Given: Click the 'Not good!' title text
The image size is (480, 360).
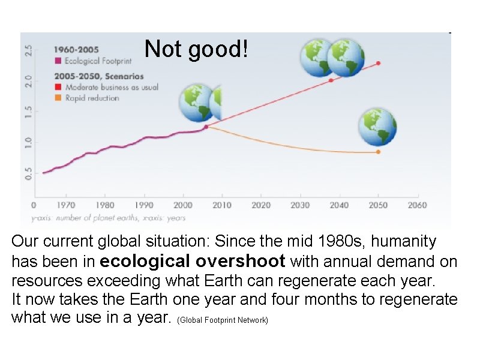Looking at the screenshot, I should tap(196, 49).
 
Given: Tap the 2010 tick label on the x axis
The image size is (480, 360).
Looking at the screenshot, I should tap(221, 205).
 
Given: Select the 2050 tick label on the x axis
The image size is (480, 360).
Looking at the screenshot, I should tap(378, 205).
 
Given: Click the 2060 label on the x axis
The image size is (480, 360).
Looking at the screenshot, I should tap(417, 205).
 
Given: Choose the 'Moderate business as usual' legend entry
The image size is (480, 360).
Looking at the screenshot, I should tap(107, 87).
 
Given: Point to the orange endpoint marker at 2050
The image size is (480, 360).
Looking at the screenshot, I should tap(378, 152).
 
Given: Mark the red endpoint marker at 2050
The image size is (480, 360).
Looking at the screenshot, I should tap(378, 63).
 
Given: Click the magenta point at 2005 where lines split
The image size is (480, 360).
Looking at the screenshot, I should tap(206, 127).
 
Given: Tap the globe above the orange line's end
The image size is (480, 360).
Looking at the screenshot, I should tap(377, 127).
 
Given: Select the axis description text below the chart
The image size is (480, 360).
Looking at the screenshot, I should tap(108, 218).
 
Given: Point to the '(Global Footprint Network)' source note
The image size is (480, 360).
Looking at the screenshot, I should tap(223, 320).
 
